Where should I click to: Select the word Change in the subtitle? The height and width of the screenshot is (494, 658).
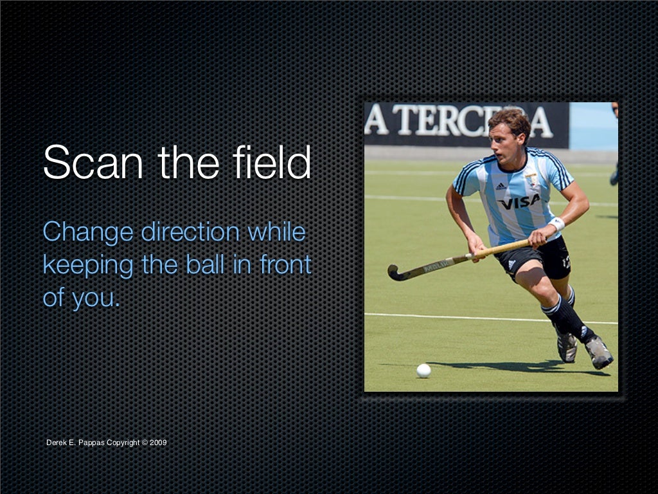pyautogui.click(x=87, y=232)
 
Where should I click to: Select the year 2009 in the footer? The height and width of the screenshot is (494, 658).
pyautogui.click(x=159, y=443)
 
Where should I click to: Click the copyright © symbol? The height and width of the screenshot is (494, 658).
pyautogui.click(x=145, y=443)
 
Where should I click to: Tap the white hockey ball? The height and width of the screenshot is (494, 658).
pyautogui.click(x=423, y=370)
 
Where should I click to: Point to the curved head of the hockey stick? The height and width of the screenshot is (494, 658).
pyautogui.click(x=395, y=273)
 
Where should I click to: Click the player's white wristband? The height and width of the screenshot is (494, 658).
pyautogui.click(x=556, y=224)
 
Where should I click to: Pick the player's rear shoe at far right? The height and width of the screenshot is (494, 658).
pyautogui.click(x=599, y=352)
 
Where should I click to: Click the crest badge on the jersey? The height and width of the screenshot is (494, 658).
pyautogui.click(x=531, y=179)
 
